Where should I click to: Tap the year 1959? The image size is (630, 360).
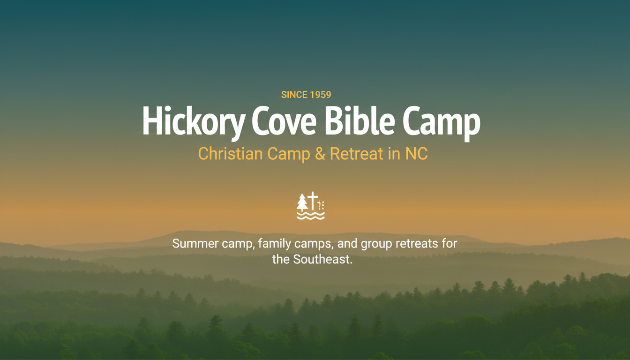coord(321,95)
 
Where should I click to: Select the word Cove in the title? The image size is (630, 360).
coord(284,121)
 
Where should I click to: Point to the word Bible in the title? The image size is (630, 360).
coord(360,120)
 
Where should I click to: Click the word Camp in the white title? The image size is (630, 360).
coord(442,123)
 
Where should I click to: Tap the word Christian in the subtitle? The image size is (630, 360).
coord(230,154)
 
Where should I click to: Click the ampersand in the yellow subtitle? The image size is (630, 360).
coord(320,154)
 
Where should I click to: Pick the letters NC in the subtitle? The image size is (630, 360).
coord(417,154)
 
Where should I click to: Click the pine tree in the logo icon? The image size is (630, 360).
coord(302,202)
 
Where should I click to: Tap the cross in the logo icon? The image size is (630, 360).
coord(313,201)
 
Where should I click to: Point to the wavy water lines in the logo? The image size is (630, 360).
coord(311,216)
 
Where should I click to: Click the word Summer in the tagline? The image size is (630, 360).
coord(195,244)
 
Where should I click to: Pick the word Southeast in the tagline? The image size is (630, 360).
coord(322,259)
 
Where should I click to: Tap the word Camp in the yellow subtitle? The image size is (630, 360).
coord(289,154)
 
